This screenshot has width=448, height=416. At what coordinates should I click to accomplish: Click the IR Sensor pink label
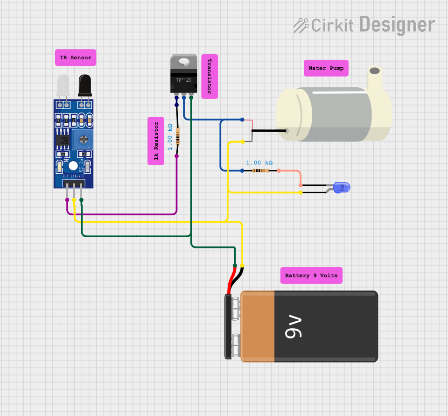[x=76, y=58]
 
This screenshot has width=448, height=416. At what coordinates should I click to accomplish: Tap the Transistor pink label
[x=210, y=77]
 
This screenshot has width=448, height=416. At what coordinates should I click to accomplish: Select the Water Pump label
[x=326, y=68]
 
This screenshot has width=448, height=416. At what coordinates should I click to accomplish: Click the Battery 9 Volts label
[x=311, y=275]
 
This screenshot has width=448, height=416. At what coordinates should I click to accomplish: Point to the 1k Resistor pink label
[x=156, y=141]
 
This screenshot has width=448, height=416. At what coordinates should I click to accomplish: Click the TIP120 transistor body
[x=184, y=80]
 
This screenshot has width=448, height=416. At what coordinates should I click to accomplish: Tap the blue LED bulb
[x=343, y=188]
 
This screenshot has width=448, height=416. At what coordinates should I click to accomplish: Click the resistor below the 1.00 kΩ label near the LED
[x=260, y=171]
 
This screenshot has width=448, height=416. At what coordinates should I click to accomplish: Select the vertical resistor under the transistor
[x=177, y=136]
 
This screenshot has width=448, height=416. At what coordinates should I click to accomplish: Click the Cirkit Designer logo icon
[x=301, y=25]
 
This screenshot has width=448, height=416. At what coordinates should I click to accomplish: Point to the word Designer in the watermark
[x=397, y=24]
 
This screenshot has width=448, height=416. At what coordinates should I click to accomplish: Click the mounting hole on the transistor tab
[x=184, y=60]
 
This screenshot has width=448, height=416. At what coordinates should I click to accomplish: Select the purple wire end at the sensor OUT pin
[x=67, y=200]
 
